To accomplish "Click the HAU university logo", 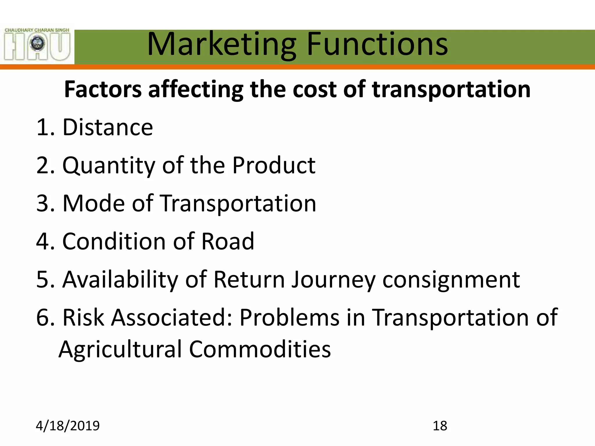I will (x=37, y=44).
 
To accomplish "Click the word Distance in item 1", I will (x=107, y=127).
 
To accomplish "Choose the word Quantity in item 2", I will (x=109, y=166).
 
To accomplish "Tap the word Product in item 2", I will (x=274, y=166).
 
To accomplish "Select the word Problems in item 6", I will (x=289, y=317).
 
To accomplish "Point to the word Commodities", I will (x=260, y=349).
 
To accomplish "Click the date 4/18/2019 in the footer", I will (x=68, y=426).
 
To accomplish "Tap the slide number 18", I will (x=440, y=426).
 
